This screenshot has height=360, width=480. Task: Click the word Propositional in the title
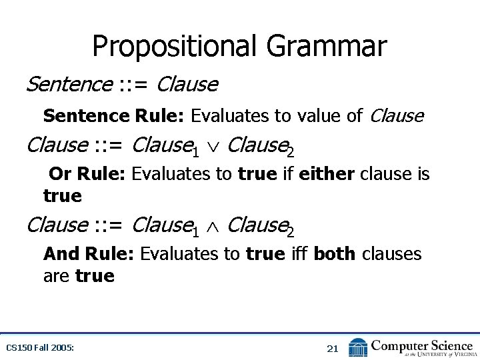pyautogui.click(x=175, y=47)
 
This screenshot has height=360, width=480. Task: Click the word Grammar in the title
pyautogui.click(x=326, y=47)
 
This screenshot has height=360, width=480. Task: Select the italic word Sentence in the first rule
pyautogui.click(x=68, y=85)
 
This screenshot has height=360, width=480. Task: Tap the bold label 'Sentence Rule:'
pyautogui.click(x=114, y=116)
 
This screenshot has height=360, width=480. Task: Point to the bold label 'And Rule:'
pyautogui.click(x=89, y=254)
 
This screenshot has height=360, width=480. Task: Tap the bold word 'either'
pyautogui.click(x=327, y=174)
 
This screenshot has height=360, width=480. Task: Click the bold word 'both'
pyautogui.click(x=334, y=254)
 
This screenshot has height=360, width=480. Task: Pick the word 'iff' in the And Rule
pyautogui.click(x=300, y=254)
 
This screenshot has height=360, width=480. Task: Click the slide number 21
pyautogui.click(x=333, y=348)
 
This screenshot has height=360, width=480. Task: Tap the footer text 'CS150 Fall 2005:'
pyautogui.click(x=39, y=348)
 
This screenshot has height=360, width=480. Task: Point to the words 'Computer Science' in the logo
pyautogui.click(x=421, y=345)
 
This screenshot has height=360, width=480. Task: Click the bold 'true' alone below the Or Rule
pyautogui.click(x=63, y=196)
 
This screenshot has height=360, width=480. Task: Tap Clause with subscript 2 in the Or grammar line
pyautogui.click(x=260, y=145)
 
